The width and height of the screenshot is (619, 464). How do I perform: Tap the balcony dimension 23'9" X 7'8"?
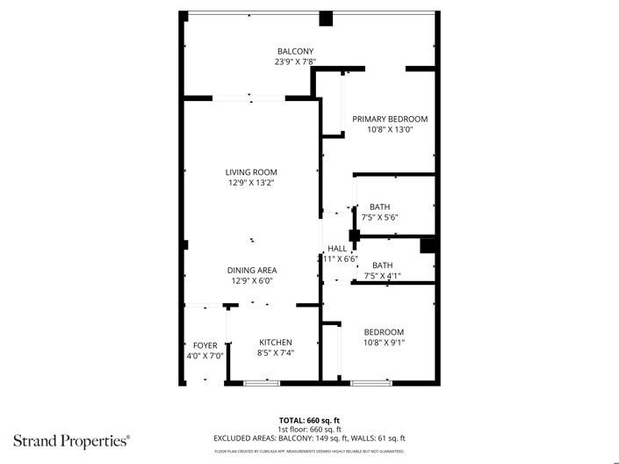295,62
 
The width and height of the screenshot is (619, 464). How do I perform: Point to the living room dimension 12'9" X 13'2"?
251,183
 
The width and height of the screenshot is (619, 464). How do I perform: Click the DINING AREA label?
254,271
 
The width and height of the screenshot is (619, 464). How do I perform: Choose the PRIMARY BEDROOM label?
390,120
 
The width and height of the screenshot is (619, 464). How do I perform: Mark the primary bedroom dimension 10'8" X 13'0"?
390,130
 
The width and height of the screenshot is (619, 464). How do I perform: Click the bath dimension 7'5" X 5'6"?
380,217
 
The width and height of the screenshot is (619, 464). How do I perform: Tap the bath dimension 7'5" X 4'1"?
382,276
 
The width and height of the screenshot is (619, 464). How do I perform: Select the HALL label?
337,249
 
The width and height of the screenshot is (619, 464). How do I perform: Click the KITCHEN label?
275,343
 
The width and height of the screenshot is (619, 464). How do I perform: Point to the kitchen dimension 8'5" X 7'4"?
275,353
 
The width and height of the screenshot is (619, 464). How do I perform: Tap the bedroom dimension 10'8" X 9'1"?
384,343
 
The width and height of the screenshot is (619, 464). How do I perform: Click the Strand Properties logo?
71,439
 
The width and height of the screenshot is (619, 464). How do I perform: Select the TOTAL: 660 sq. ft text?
309,419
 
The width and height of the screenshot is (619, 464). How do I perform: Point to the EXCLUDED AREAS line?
309,438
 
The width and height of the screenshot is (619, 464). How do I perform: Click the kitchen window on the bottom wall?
261,382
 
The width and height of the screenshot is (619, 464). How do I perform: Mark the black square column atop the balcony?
326,18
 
